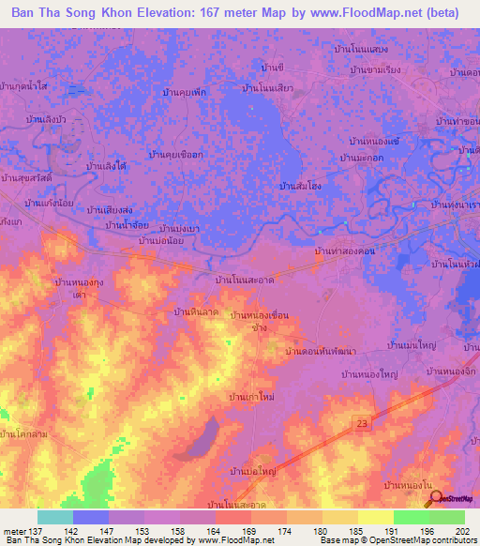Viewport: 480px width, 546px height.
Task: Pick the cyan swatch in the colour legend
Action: [x=55, y=517]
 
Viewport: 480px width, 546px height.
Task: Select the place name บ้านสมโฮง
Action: [x=302, y=187]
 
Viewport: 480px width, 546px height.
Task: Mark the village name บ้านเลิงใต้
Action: [x=106, y=166]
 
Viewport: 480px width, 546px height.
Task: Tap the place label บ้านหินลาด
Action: [x=197, y=311]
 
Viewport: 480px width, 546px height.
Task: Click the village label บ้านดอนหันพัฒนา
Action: [x=306, y=352]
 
